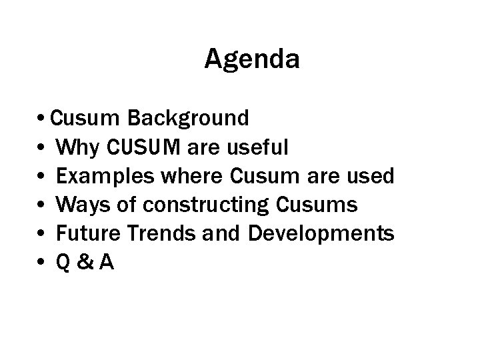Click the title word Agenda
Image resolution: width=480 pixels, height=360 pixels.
click(252, 60)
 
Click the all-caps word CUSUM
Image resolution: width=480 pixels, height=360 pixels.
click(139, 147)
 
